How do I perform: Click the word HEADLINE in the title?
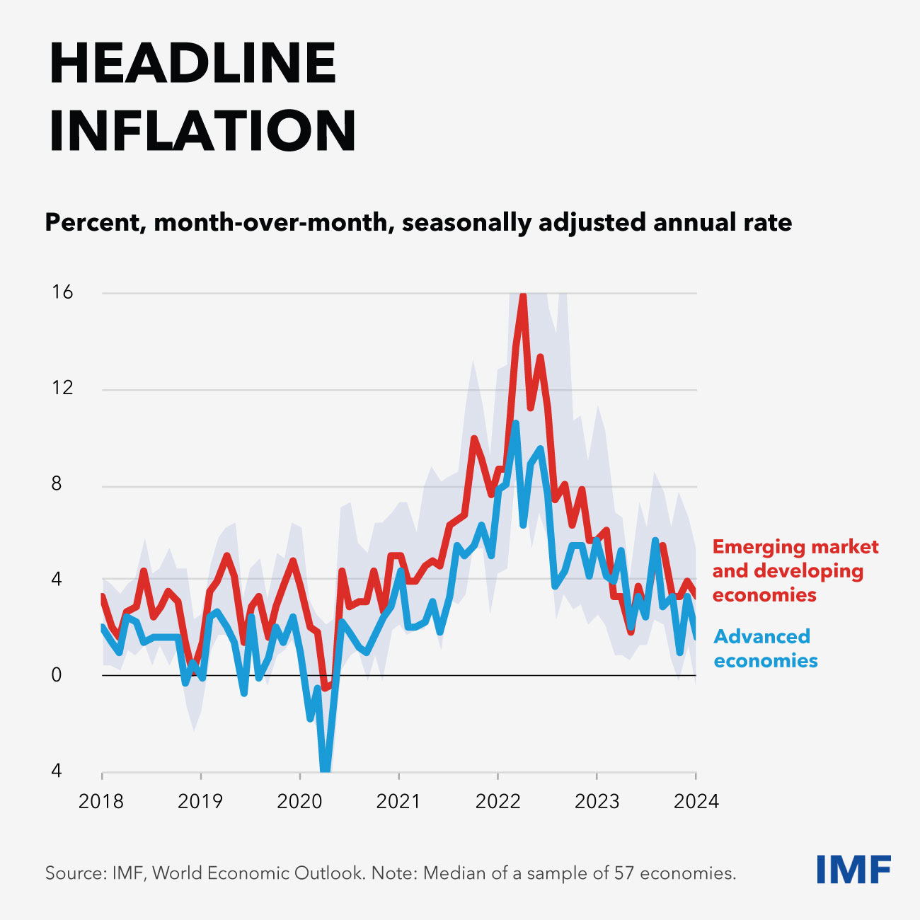[x=192, y=64]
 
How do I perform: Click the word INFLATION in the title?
[x=202, y=131]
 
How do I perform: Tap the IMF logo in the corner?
[x=853, y=870]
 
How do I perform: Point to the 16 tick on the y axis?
[x=62, y=292]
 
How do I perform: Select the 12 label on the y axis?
[x=62, y=388]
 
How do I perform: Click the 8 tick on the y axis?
[x=57, y=484]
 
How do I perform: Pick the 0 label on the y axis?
[x=57, y=675]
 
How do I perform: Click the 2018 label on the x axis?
[x=101, y=802]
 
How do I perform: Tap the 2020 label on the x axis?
[x=299, y=802]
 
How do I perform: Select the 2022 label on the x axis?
[x=498, y=802]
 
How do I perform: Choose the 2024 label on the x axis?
[x=696, y=802]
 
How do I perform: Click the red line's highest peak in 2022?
[x=523, y=295]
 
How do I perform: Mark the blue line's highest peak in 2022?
[x=515, y=423]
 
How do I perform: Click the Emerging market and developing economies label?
[x=795, y=570]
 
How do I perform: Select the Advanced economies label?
[x=765, y=648]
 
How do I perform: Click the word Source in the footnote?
[x=75, y=873]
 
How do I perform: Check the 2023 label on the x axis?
[x=597, y=802]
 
